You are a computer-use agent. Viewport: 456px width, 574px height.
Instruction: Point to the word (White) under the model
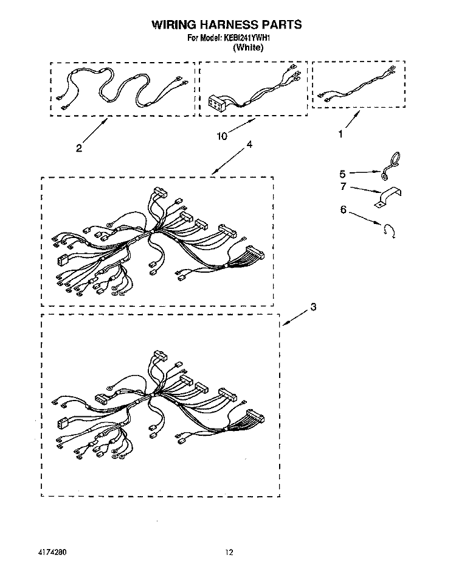[248, 47]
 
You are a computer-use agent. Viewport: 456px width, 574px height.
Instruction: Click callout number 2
[79, 148]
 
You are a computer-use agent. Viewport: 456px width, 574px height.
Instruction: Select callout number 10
[222, 136]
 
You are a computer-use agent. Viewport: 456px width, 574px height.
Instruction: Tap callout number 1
[340, 135]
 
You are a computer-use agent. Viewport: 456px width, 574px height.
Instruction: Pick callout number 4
[249, 145]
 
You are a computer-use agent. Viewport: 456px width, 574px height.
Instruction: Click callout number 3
[313, 307]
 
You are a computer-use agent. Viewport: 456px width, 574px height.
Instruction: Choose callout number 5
[342, 173]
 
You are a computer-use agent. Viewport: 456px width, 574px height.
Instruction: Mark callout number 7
[343, 187]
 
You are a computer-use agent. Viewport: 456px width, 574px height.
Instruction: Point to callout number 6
[343, 210]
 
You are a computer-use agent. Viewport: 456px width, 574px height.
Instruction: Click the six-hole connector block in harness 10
[216, 102]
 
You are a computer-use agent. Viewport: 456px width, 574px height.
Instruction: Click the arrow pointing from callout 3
[295, 318]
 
